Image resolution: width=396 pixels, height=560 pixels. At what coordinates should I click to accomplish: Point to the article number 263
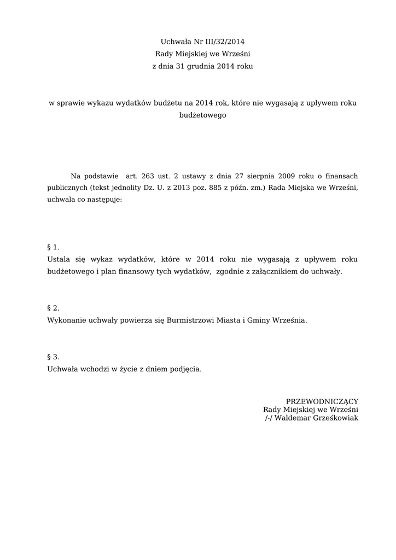click(148, 176)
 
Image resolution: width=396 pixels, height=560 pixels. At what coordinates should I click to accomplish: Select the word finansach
click(340, 176)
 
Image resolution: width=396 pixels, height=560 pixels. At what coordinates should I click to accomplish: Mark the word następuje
click(104, 200)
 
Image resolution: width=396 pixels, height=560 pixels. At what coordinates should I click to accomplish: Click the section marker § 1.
click(53, 247)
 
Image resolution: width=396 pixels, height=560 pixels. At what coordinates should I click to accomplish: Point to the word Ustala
click(59, 259)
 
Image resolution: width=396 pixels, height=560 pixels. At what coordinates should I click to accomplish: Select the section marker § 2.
click(53, 308)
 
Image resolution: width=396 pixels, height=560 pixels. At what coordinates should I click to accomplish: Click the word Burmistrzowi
click(190, 320)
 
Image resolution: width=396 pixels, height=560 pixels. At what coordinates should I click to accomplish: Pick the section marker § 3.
click(53, 357)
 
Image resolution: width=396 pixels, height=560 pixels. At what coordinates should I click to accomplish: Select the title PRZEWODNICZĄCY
click(322, 401)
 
